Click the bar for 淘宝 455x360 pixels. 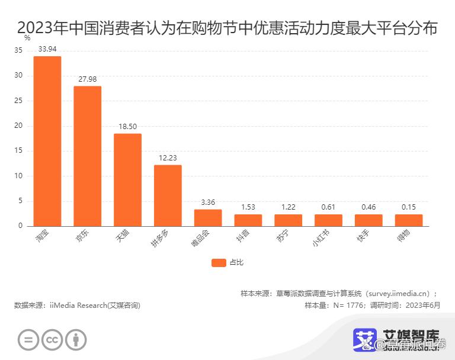point(47,141)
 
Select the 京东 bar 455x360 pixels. point(87,156)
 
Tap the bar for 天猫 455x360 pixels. point(127,179)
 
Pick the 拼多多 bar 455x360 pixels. point(168,195)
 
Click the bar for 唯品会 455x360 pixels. point(208,217)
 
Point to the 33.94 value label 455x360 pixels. point(47,49)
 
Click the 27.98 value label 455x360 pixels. point(87,79)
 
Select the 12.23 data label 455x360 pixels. point(168,157)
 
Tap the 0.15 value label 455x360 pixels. point(409,207)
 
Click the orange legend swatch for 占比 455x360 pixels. point(219,262)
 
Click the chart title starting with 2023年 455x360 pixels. point(227,27)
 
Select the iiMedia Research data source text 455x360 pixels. point(77,306)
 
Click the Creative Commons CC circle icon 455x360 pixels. point(52,340)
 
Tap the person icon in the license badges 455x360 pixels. point(76,340)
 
